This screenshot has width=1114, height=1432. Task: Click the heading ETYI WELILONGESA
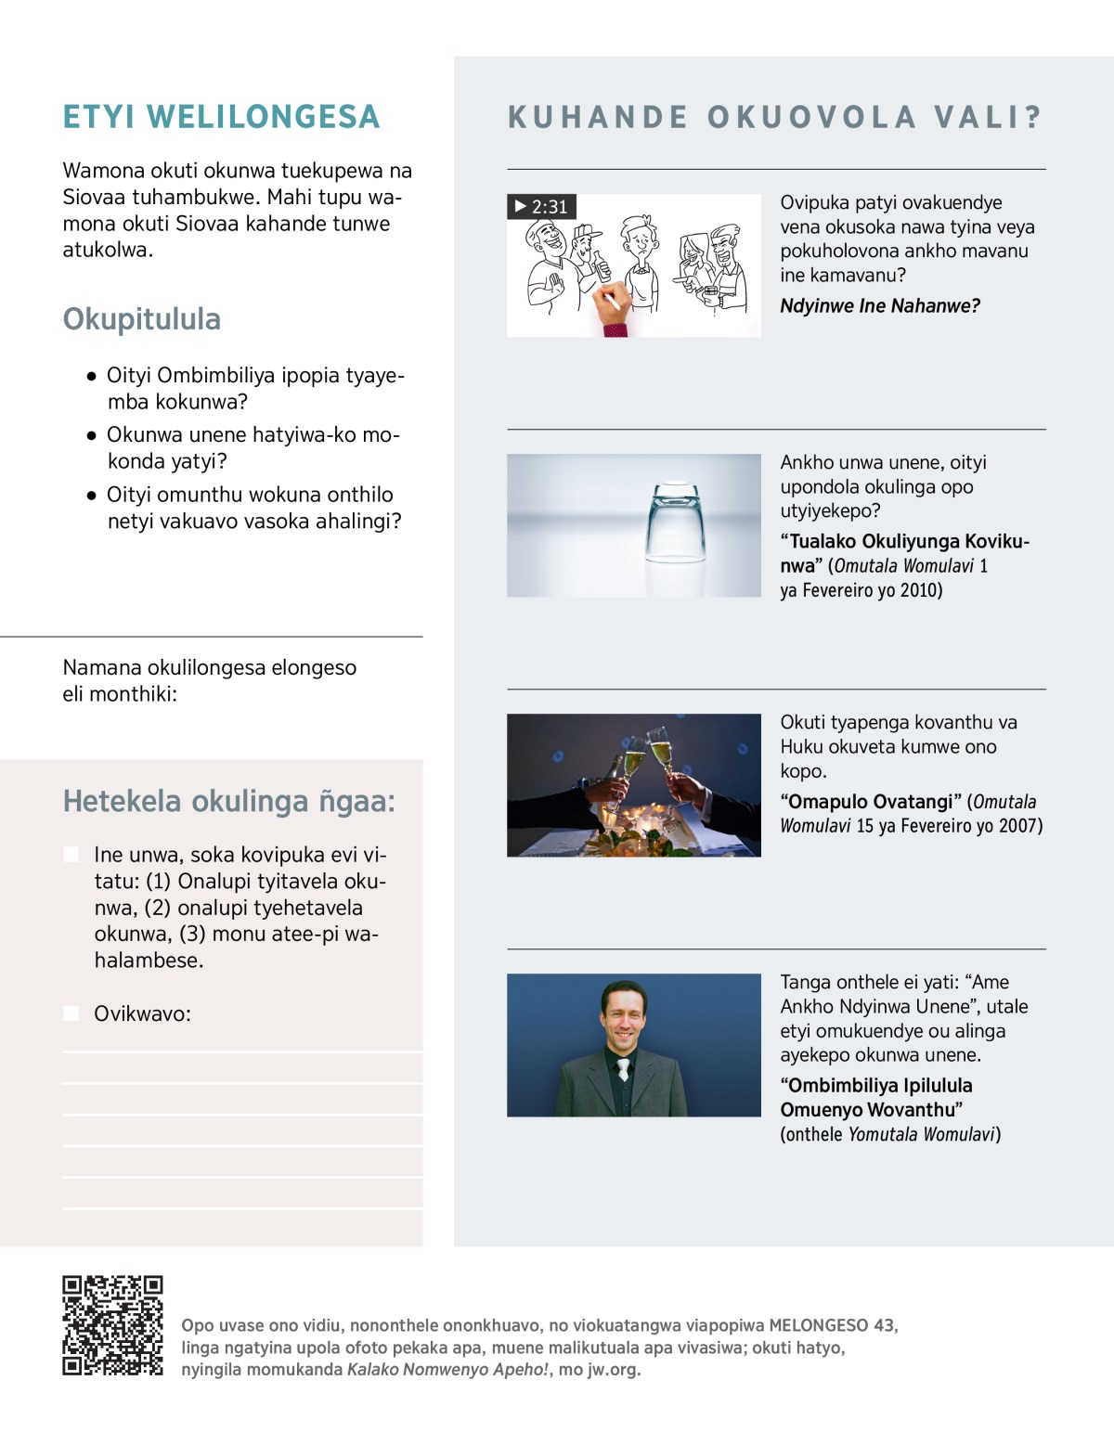tap(221, 117)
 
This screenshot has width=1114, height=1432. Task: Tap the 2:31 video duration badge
tap(541, 206)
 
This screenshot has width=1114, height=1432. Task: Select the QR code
tap(112, 1325)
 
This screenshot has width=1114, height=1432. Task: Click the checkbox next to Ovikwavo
tap(71, 1013)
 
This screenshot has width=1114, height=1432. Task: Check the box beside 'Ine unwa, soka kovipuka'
tap(71, 855)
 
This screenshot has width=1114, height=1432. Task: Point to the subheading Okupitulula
tap(142, 319)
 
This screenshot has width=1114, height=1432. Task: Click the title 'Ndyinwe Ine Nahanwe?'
tap(879, 306)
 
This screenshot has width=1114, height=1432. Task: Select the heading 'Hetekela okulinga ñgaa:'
tap(228, 801)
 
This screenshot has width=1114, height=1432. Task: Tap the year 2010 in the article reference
tap(920, 590)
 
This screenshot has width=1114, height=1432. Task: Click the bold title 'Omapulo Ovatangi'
tap(871, 802)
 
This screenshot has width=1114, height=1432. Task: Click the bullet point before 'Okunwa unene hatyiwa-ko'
tap(91, 435)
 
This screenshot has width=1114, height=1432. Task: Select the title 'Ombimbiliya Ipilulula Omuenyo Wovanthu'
tap(875, 1098)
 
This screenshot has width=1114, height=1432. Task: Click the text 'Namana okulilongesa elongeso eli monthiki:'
tap(209, 680)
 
